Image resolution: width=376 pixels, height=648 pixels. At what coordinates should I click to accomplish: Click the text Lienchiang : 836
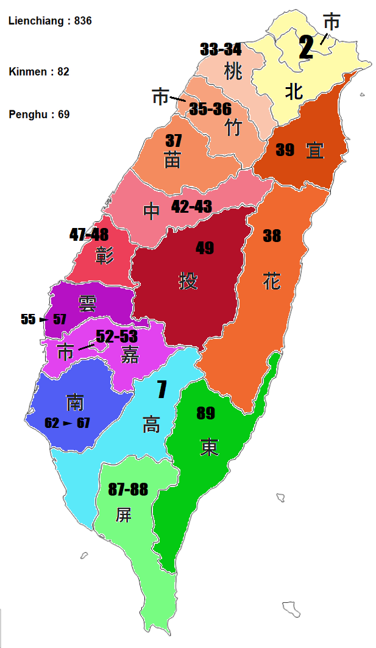[x=50, y=21]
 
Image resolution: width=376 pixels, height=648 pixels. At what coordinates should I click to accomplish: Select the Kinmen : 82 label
[x=39, y=71]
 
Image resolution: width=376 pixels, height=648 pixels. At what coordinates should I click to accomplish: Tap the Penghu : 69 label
[x=39, y=114]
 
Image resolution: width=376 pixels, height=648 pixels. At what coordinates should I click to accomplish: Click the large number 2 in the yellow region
[x=306, y=48]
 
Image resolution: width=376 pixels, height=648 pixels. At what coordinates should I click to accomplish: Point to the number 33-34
[x=221, y=49]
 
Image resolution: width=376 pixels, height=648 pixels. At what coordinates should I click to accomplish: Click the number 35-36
[x=210, y=109]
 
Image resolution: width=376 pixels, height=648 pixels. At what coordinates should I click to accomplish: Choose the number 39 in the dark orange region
[x=285, y=150]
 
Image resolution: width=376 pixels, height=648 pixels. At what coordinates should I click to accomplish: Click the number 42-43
[x=191, y=207]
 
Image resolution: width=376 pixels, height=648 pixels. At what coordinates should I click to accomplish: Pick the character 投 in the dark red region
[x=188, y=281]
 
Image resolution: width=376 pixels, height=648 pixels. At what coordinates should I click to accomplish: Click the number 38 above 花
[x=272, y=236]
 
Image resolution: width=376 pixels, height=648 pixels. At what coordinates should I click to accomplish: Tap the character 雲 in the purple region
[x=87, y=303]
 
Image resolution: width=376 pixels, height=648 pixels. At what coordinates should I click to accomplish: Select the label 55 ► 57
[x=43, y=319]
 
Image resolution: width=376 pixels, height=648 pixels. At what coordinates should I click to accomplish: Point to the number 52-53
[x=117, y=336]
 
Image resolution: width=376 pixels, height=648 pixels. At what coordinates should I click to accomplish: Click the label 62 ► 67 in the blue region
[x=67, y=423]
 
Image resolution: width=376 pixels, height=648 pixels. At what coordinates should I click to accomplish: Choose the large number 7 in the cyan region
[x=161, y=390]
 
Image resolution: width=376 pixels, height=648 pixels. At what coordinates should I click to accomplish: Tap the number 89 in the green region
[x=205, y=413]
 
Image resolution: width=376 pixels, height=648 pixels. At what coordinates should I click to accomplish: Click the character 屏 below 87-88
[x=123, y=515]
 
